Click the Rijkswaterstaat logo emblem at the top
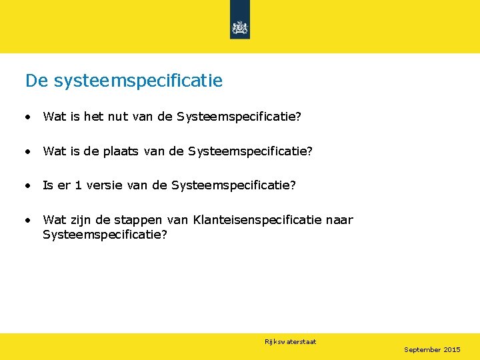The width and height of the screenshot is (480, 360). coord(239,27)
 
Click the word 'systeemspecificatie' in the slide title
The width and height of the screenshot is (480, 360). coord(138,81)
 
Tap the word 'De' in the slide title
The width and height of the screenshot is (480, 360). coord(37,81)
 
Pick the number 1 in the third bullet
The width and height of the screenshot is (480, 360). coord(78,185)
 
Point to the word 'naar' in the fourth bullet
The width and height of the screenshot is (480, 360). coord(340,220)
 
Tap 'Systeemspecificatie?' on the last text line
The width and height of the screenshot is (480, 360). coord(105,235)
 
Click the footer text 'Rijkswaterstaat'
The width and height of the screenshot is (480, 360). coord(290,342)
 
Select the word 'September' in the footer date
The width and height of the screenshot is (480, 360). coord(423,350)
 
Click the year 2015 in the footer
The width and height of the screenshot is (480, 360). coord(452,350)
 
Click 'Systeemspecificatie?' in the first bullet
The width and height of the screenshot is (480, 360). coord(239,117)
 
